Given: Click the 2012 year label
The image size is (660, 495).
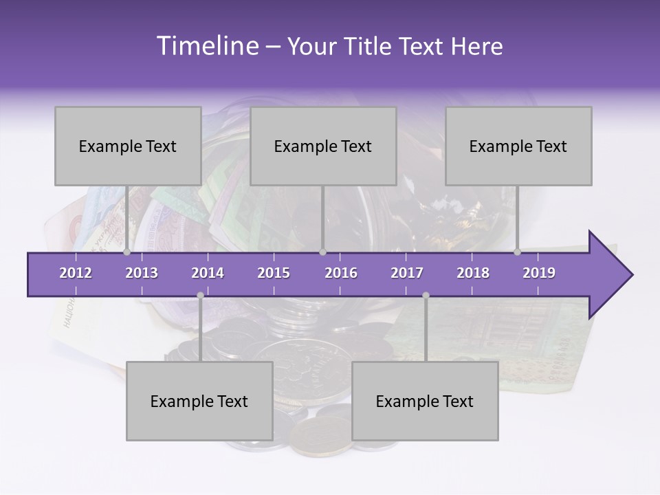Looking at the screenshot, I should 76,273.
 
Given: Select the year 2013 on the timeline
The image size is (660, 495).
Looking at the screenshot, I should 142,273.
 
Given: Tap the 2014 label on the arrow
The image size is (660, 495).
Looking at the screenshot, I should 208,273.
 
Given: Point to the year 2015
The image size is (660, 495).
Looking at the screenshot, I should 274,273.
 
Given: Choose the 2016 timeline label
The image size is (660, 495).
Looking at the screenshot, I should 341,273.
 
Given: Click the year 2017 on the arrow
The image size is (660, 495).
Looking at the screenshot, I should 407,273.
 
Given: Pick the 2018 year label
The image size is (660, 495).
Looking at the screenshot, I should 473,273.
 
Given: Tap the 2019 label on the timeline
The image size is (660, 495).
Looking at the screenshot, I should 539,273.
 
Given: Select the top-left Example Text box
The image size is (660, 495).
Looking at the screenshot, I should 128,146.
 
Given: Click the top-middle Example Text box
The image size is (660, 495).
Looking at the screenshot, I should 323,146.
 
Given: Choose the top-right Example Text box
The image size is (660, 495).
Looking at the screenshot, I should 518,146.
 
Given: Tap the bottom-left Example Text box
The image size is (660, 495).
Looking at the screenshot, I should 199,401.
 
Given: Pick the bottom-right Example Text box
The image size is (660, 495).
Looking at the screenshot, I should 425,401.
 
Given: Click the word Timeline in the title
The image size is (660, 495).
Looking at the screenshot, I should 206,46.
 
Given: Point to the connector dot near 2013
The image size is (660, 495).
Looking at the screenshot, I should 127,252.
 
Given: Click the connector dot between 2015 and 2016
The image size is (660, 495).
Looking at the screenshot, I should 322,252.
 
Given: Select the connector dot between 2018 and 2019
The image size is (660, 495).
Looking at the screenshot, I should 517,252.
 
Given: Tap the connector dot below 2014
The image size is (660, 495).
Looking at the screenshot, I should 200,295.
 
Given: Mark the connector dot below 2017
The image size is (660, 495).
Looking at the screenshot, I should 426,295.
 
